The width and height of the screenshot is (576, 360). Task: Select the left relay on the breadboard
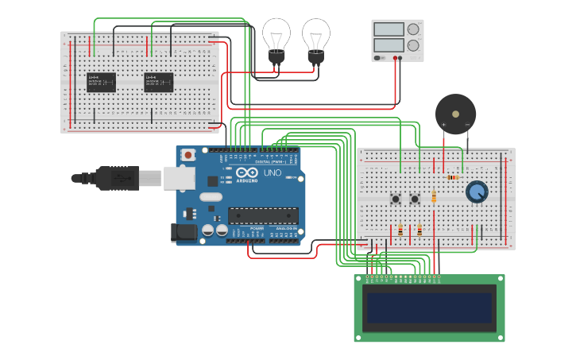(101, 82)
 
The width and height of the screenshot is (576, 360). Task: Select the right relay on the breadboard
(158, 82)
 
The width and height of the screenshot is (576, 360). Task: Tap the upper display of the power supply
(389, 29)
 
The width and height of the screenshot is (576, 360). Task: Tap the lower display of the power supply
(389, 45)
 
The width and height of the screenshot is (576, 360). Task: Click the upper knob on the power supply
(413, 29)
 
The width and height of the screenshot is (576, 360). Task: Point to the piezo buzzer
(455, 113)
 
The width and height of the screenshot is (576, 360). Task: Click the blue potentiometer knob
(477, 192)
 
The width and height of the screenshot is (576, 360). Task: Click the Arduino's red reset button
(188, 155)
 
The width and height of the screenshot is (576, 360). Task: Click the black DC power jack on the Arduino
(183, 232)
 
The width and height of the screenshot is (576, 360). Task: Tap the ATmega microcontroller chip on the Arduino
(263, 215)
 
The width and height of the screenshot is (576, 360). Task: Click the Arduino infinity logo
(247, 173)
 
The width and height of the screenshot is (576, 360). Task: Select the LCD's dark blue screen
(428, 308)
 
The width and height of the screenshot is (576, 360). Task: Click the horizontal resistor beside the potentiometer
(452, 177)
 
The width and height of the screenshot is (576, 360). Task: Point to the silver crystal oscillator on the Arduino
(211, 196)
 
